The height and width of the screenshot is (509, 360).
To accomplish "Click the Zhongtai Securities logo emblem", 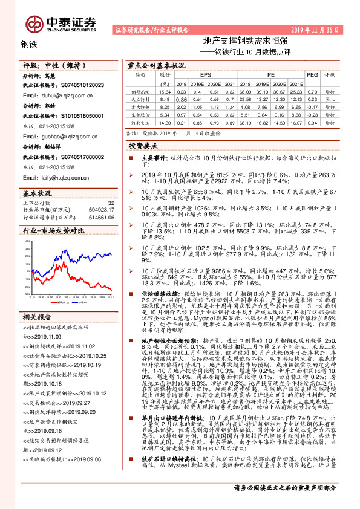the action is tap(33, 22).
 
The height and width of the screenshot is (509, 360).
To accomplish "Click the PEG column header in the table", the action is tap(312, 75).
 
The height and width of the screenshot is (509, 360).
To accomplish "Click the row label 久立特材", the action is tap(140, 98).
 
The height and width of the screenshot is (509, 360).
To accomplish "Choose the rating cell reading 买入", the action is tap(330, 98).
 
